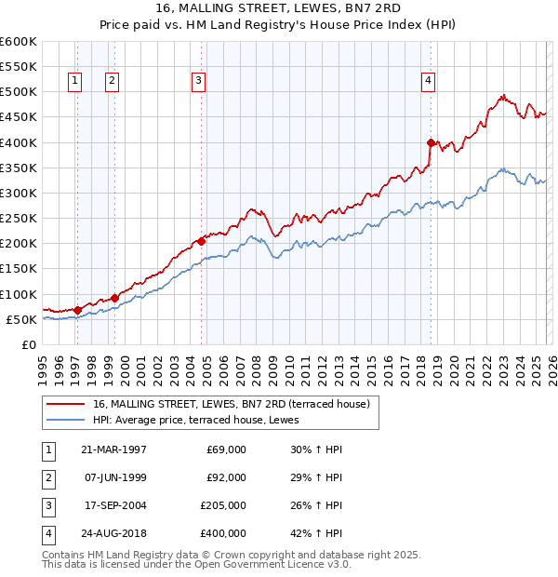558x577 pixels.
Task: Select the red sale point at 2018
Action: [431, 142]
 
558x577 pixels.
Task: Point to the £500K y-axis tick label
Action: [18, 92]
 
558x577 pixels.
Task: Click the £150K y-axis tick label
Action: [18, 269]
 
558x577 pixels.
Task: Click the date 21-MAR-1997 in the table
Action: [115, 450]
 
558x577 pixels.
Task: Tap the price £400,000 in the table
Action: [222, 533]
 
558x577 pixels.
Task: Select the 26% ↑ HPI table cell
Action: [316, 505]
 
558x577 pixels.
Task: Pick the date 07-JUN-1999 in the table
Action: [115, 477]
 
